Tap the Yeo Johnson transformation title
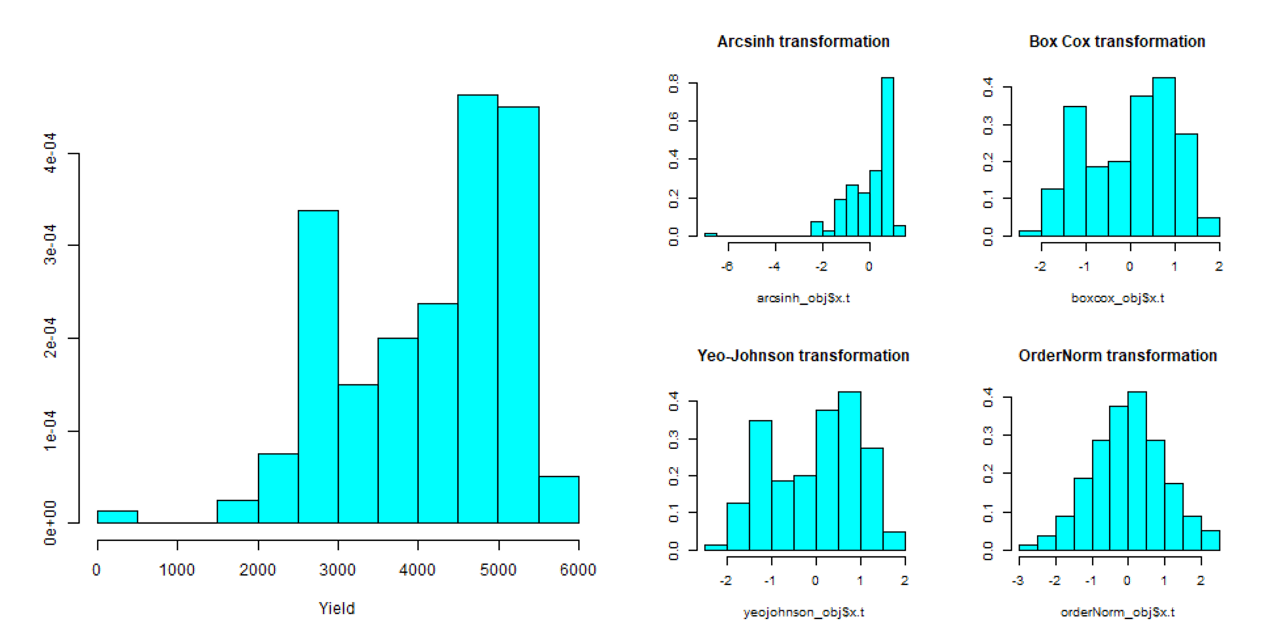coord(803,355)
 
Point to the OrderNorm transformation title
coord(1118,355)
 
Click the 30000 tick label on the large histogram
coord(337,570)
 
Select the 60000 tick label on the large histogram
coord(578,570)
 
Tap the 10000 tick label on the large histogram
coord(177,570)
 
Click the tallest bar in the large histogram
coord(478,309)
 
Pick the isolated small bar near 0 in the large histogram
coord(118,517)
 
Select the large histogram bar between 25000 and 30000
coord(318,367)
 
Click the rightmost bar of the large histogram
coord(558,500)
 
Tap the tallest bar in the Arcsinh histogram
coord(887,157)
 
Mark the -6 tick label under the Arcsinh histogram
coord(727,266)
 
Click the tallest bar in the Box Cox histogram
coord(1164,157)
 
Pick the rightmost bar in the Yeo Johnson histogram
coord(894,541)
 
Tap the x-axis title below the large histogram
coord(337,609)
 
